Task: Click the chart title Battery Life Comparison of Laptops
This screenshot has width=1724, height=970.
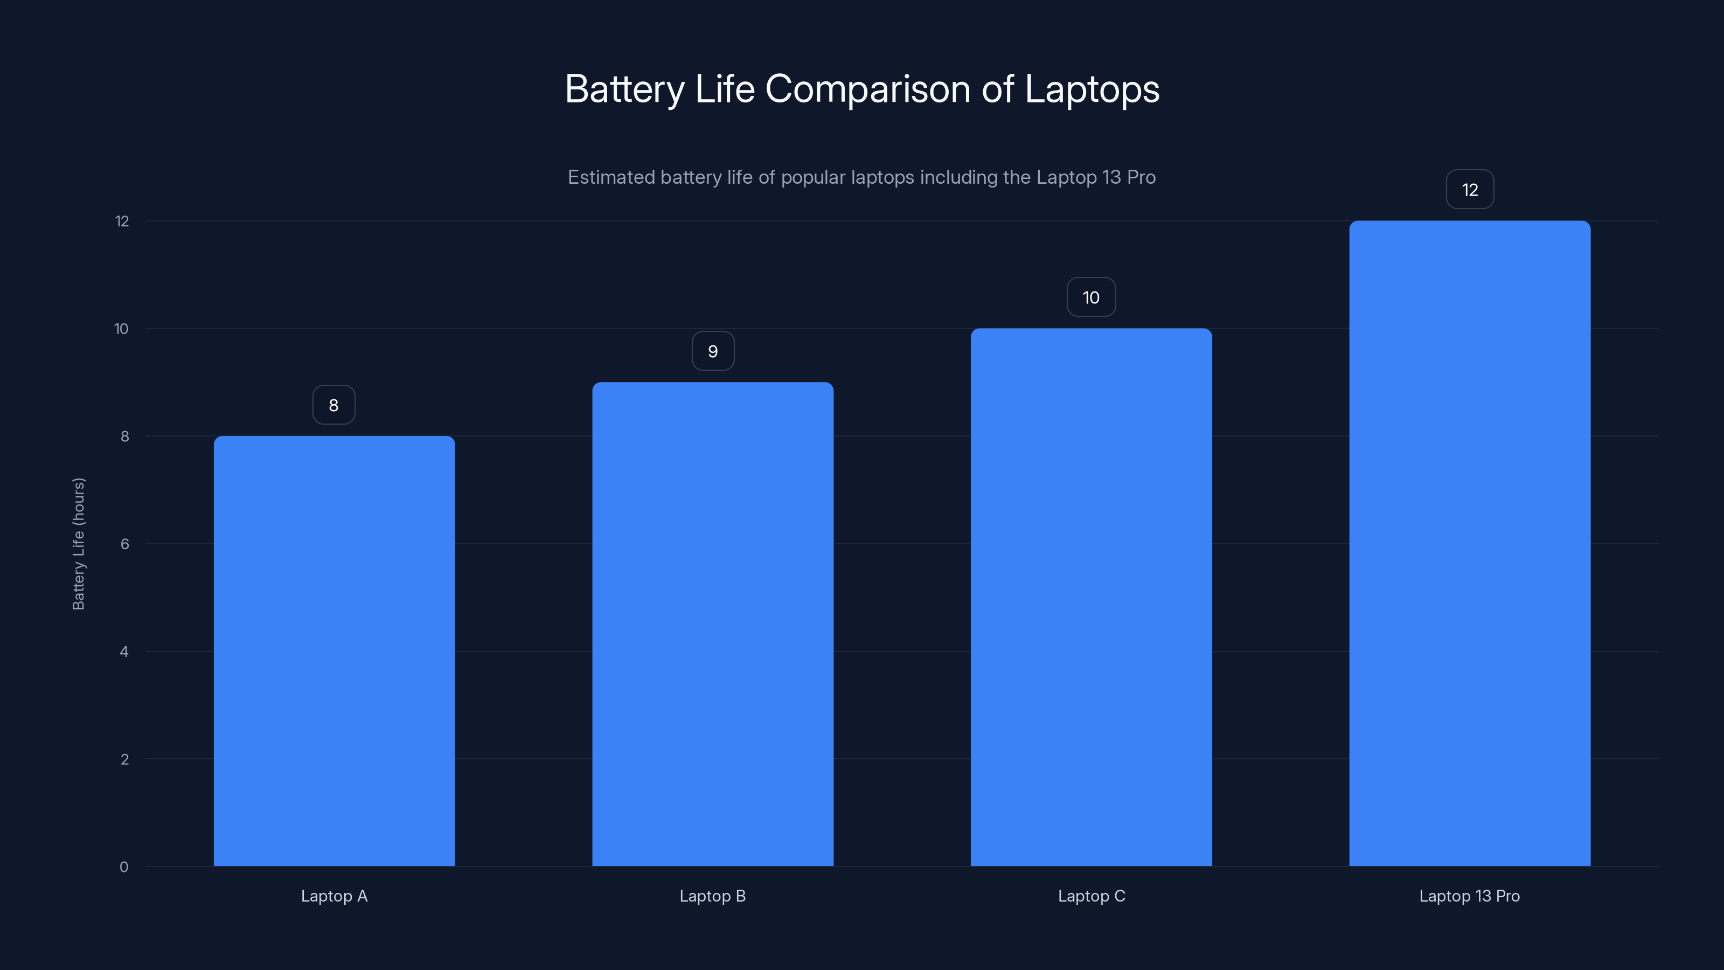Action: (x=862, y=89)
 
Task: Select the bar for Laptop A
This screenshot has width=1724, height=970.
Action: (x=334, y=650)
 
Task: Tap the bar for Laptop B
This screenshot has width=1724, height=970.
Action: (x=712, y=624)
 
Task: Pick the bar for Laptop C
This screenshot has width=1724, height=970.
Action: (x=1091, y=597)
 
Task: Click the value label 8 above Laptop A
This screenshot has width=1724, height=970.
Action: (x=334, y=405)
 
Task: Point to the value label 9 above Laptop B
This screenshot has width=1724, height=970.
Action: (x=713, y=351)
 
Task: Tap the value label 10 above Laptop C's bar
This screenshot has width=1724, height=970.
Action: (x=1091, y=297)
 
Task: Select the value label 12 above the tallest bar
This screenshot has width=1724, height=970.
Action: (x=1470, y=190)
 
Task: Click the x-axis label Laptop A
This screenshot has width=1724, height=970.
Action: (x=334, y=896)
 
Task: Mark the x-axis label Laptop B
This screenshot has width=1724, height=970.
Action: (x=712, y=896)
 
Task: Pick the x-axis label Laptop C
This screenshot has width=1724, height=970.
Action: (x=1091, y=896)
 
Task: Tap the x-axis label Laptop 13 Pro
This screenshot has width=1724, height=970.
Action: (x=1469, y=896)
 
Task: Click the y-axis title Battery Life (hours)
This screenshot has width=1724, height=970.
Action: (x=78, y=544)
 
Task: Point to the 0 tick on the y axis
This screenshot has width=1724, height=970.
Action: (x=124, y=867)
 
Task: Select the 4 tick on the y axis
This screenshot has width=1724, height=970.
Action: (x=124, y=652)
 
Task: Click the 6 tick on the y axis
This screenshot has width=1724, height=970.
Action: (x=124, y=544)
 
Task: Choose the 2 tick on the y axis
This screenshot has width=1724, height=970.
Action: (x=124, y=759)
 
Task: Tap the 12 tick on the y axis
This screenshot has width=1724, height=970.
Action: (x=122, y=221)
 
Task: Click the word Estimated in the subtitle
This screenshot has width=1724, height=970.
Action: (x=610, y=177)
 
